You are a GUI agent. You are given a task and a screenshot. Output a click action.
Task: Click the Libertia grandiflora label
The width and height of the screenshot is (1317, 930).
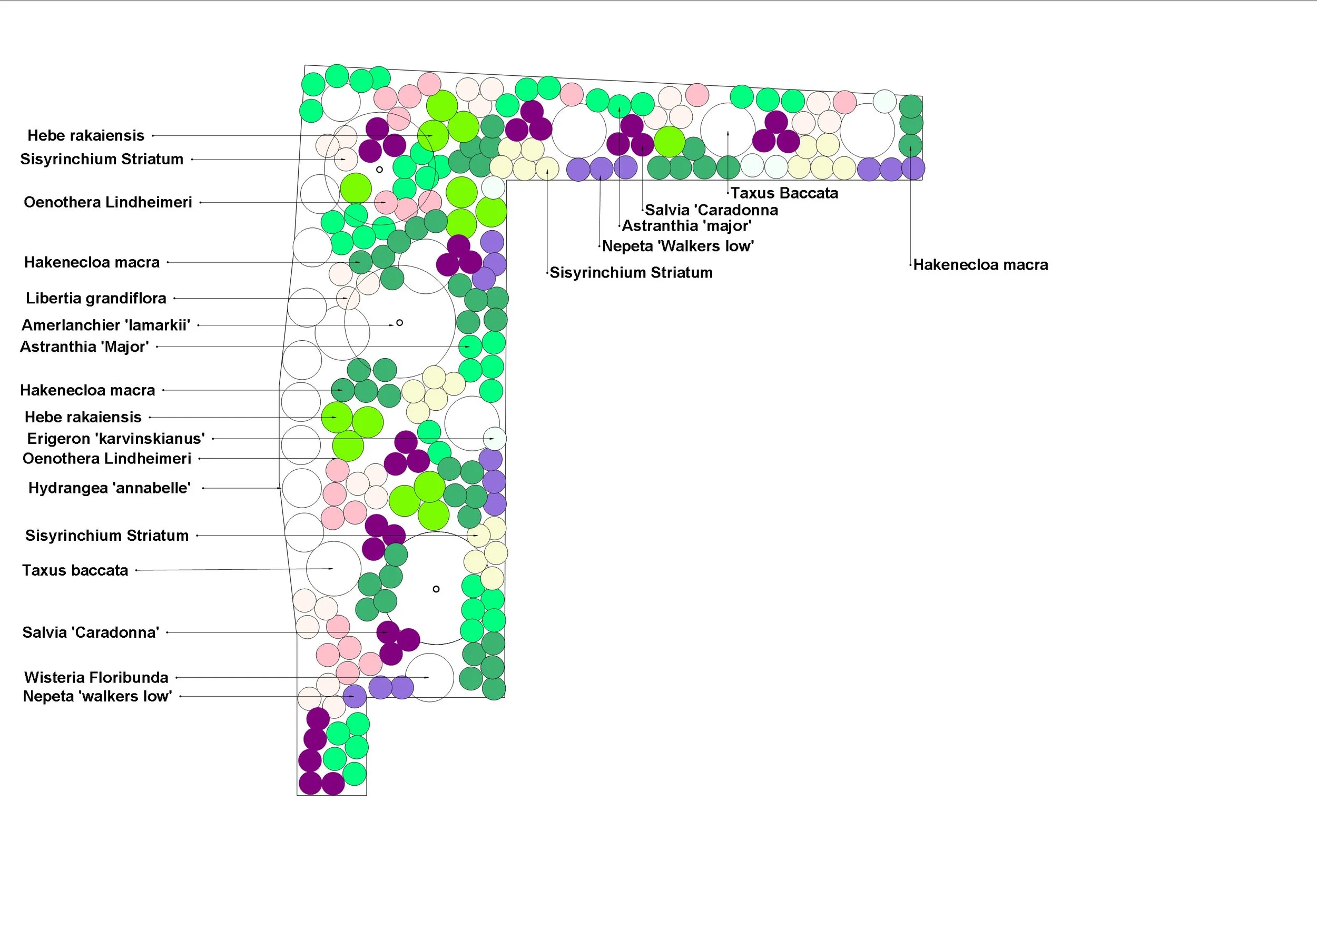(96, 298)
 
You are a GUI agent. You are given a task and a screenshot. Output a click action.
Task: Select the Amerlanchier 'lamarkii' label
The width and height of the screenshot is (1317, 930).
(105, 325)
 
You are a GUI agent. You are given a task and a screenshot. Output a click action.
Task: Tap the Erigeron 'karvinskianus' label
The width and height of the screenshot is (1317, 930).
(116, 439)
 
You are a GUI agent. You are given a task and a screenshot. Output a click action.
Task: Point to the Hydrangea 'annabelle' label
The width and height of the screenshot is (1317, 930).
(110, 488)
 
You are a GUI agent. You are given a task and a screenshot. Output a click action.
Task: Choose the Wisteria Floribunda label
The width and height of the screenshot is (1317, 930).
(96, 677)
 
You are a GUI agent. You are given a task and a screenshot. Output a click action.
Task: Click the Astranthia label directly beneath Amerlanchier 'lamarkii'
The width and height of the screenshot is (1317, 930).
(84, 347)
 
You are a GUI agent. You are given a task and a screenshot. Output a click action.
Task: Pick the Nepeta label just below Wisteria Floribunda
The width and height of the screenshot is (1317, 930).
(97, 696)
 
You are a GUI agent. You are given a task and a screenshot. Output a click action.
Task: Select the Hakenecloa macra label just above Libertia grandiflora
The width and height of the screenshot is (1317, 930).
(92, 262)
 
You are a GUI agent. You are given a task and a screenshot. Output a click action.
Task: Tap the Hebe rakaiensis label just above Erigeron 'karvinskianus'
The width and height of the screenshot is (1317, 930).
(83, 417)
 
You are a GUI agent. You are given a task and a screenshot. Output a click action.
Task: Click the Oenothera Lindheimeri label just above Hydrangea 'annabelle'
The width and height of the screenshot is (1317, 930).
(107, 459)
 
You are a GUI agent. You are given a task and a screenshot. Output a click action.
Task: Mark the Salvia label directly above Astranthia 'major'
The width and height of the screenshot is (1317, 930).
(711, 210)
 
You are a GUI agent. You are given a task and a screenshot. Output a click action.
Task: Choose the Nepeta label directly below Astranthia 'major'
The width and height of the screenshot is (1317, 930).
(677, 246)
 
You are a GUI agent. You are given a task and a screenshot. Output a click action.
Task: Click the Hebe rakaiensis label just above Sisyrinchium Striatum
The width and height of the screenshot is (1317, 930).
(86, 135)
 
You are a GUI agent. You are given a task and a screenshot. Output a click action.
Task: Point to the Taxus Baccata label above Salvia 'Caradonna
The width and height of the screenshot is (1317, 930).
(783, 193)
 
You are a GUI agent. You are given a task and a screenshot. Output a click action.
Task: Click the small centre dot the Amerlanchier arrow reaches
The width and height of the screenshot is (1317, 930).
(400, 323)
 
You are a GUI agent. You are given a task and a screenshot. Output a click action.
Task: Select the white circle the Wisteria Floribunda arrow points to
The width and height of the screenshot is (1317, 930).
(430, 677)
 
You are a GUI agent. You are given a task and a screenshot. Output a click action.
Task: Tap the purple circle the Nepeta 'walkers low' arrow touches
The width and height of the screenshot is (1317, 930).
(355, 696)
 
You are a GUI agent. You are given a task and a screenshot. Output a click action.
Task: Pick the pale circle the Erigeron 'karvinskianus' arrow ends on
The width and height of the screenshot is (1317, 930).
(494, 439)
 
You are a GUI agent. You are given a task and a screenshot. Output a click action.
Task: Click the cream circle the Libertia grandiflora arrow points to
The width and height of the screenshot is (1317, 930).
(348, 298)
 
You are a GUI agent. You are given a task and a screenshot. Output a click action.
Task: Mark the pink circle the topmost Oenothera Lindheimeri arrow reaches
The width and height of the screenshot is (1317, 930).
(386, 202)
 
